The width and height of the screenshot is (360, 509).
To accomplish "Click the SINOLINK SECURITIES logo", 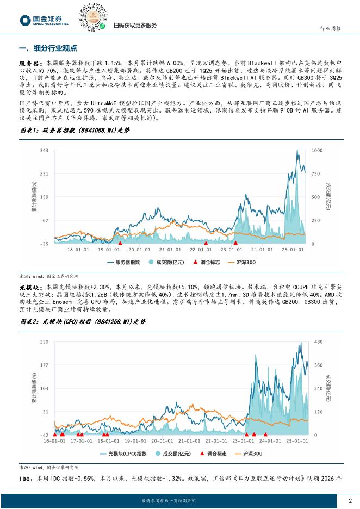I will pyautogui.click(x=44, y=20).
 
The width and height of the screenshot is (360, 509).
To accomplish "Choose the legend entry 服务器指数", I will pyautogui.click(x=125, y=262).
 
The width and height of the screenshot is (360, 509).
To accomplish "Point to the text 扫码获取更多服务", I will pyautogui.click(x=135, y=26).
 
